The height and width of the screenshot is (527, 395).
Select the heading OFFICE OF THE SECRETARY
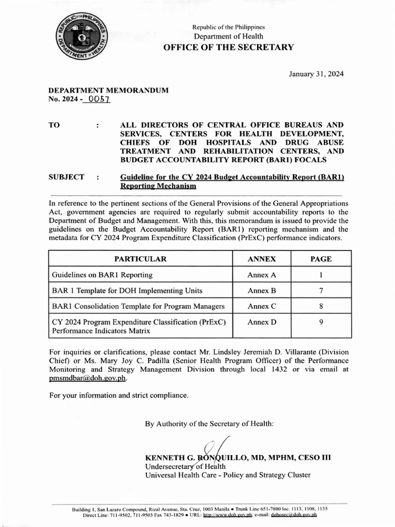point(228,47)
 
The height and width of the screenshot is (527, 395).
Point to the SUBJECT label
point(66,177)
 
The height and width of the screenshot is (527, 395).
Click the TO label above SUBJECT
point(54,125)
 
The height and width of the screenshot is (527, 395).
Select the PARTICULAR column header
point(140,259)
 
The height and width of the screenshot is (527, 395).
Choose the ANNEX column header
point(262,259)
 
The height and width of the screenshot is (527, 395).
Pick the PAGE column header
point(321,259)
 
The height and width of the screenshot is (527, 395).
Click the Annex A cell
point(262,275)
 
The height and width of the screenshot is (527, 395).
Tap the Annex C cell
point(262,306)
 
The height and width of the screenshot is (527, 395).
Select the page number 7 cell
point(321,291)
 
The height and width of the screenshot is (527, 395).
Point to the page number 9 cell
point(321,322)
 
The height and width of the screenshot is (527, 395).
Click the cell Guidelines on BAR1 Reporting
point(102,275)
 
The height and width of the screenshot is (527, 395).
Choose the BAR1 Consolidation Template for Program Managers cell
point(138,306)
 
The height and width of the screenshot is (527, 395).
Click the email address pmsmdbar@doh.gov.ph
point(87,378)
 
